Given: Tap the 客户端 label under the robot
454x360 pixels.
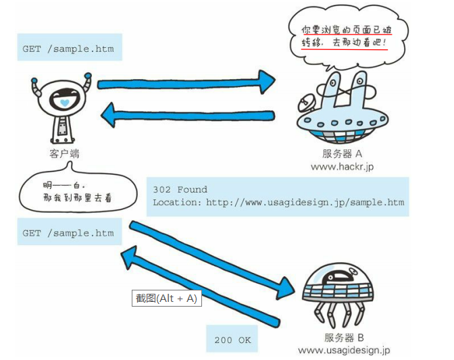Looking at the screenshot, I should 65,154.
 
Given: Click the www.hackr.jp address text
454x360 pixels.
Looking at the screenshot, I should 342,167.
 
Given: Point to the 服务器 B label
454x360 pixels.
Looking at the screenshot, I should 344,337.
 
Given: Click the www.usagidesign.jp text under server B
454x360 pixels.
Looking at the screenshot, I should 344,350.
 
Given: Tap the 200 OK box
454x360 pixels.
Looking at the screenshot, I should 232,340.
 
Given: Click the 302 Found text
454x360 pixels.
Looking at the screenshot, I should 180,190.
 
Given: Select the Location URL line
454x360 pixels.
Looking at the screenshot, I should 278,203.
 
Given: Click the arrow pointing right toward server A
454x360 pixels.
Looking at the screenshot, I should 186,82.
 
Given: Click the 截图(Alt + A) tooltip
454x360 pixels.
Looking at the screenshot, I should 166,298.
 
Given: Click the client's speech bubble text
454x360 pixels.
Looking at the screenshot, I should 68,192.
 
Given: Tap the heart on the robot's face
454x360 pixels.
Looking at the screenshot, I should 63,102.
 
